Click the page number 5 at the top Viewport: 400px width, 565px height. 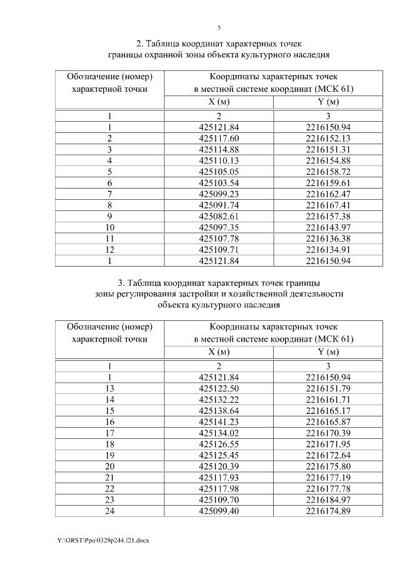tap(219, 27)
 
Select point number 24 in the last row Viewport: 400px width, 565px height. tap(109, 511)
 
